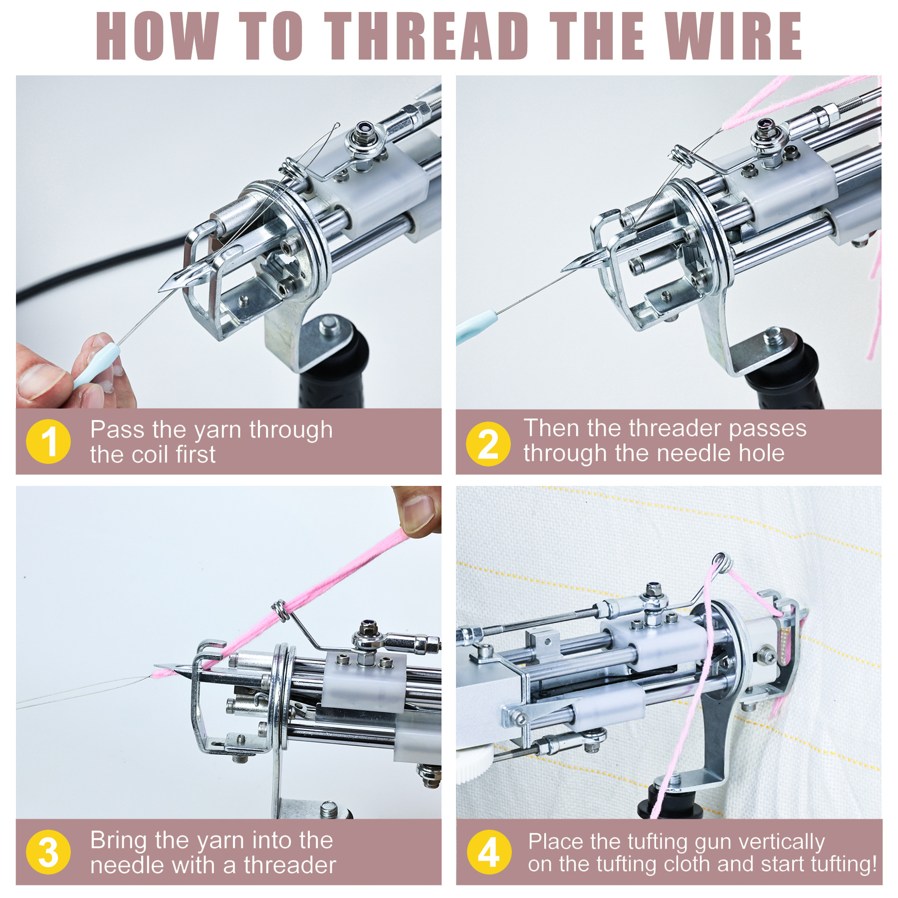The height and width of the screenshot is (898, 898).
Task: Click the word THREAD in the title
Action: coord(427,36)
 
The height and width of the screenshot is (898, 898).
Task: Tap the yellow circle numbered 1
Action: coord(48,442)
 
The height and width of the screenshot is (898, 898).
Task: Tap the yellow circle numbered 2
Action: coord(488,444)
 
